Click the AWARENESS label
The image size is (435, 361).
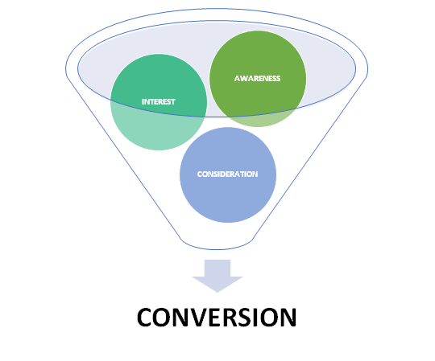click(x=257, y=78)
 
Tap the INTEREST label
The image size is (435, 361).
click(x=159, y=101)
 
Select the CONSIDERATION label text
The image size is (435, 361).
click(x=227, y=174)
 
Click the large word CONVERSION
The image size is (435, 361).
click(x=217, y=318)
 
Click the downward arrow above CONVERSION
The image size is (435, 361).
click(x=217, y=276)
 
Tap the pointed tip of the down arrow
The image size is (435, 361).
click(x=217, y=292)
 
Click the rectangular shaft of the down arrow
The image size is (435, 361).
click(x=217, y=268)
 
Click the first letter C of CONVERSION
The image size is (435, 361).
click(x=145, y=318)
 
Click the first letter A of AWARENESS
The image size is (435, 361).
click(x=237, y=78)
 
